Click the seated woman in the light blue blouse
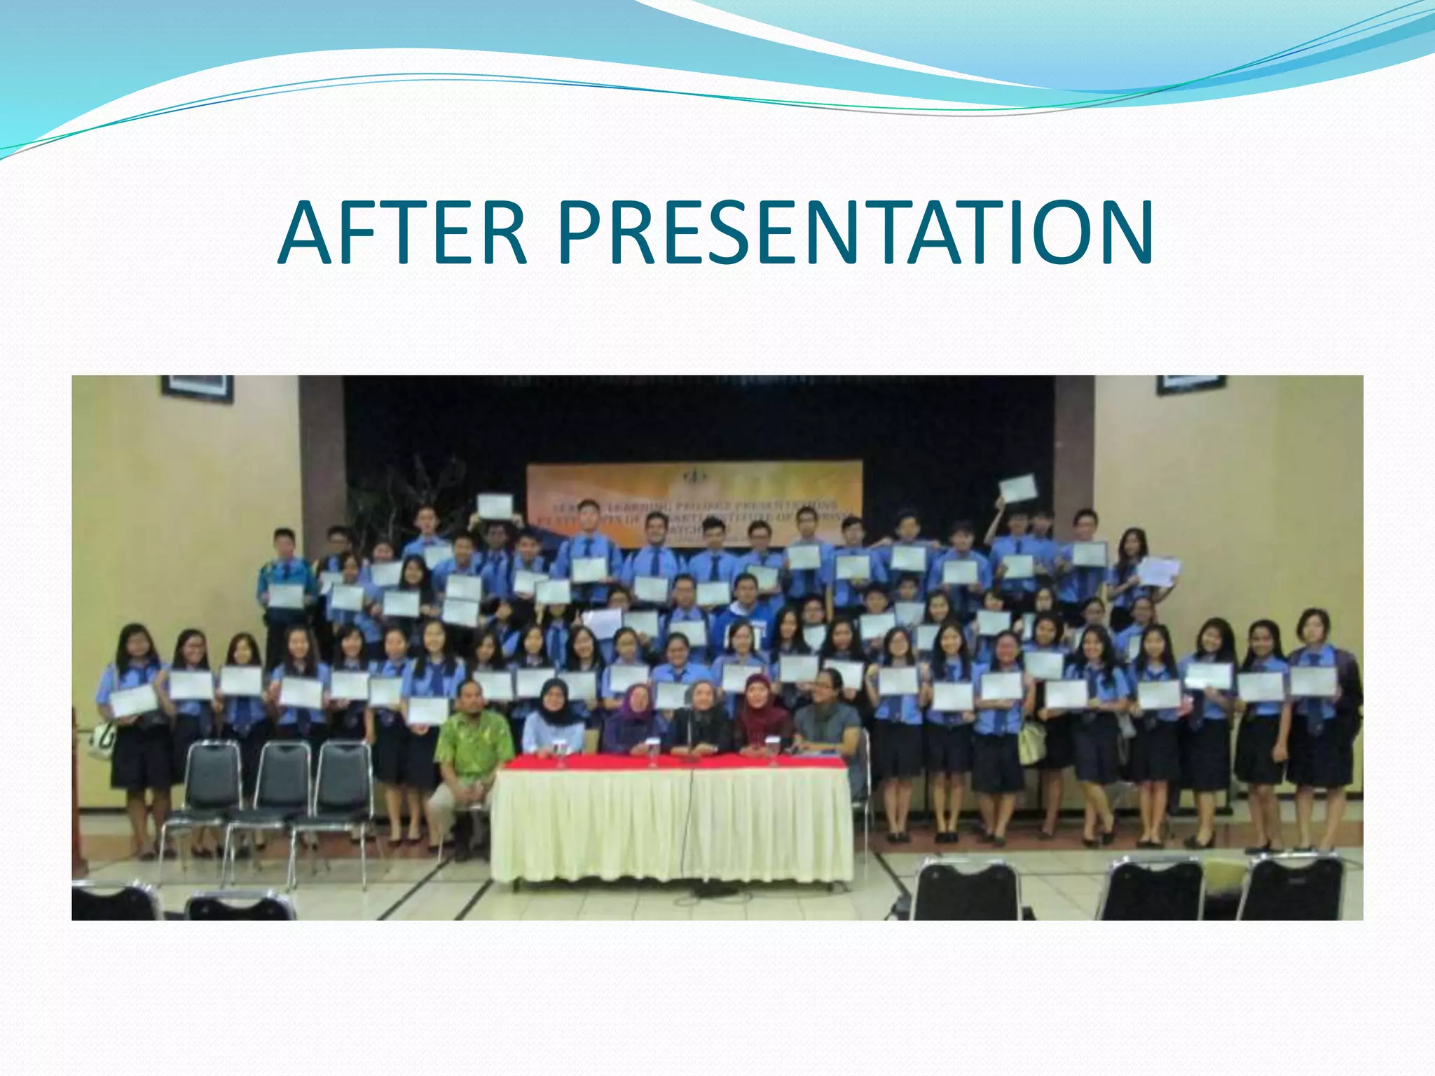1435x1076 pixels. [554, 722]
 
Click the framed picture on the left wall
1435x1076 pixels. [197, 387]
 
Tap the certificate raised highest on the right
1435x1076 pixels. [1017, 488]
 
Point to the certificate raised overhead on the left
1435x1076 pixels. [495, 506]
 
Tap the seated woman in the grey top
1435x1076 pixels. [828, 715]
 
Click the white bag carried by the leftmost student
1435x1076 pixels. [104, 739]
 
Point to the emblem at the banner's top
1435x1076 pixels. [694, 476]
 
